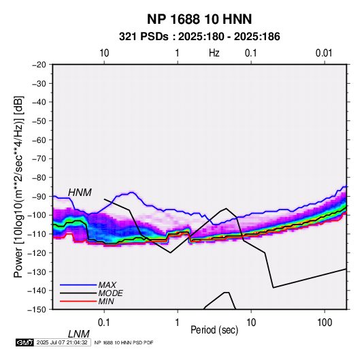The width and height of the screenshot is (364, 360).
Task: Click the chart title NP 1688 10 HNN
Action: click(199, 19)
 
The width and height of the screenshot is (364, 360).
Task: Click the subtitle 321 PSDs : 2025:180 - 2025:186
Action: click(199, 37)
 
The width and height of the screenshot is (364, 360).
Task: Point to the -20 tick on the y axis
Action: click(39, 65)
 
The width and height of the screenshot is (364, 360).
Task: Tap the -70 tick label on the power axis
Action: click(39, 159)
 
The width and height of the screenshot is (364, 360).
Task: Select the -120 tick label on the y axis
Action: click(37, 252)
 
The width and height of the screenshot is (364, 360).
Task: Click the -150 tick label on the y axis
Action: click(37, 310)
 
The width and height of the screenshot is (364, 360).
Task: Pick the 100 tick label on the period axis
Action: click(325, 323)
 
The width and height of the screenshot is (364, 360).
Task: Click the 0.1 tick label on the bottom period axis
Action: click(104, 323)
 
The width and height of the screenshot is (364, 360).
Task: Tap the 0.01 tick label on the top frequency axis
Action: click(324, 53)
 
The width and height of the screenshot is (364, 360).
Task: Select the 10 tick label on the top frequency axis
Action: click(104, 53)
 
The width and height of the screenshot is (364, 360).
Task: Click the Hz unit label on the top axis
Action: click(214, 53)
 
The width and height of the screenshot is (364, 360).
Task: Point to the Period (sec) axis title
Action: click(214, 330)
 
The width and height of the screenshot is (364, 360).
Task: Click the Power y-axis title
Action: click(18, 186)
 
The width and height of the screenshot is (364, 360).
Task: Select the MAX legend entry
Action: click(107, 284)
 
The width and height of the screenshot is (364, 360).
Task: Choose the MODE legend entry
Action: click(110, 293)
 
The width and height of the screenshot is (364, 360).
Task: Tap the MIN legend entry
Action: click(106, 301)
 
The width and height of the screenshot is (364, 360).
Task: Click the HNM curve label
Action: click(80, 193)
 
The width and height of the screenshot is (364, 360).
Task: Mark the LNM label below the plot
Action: click(79, 334)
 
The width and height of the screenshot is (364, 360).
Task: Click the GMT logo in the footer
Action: click(24, 342)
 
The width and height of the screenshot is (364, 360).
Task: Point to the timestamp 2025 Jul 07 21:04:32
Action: click(62, 342)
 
